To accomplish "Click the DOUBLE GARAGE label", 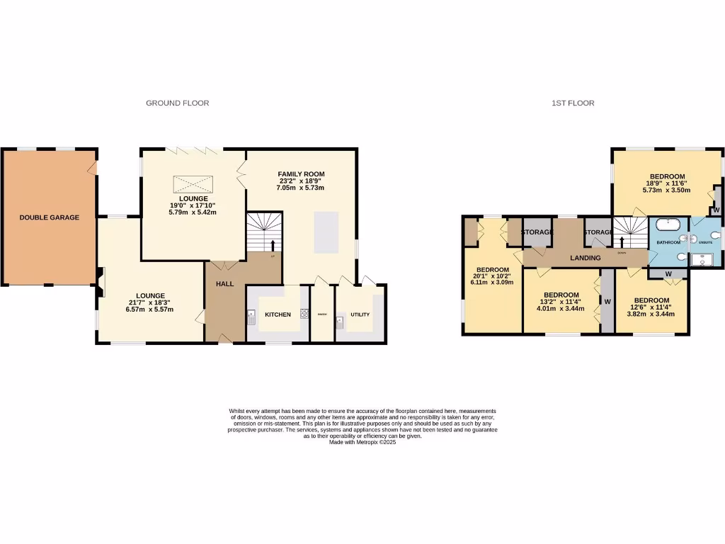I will point(49,217).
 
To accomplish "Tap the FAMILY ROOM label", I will point(301,174).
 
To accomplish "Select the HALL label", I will point(225,283).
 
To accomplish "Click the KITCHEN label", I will point(278,314).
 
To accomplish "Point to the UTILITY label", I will point(360,314).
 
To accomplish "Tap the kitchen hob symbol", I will point(304,313).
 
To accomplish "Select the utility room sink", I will point(341,323).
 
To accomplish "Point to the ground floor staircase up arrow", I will point(273,246).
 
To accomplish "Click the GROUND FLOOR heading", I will point(177,103).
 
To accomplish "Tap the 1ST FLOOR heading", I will point(573,103).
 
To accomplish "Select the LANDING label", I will point(586,258).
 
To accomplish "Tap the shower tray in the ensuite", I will point(704,258).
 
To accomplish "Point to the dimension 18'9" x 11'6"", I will point(667,183).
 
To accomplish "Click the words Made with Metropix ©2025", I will point(362,442).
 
